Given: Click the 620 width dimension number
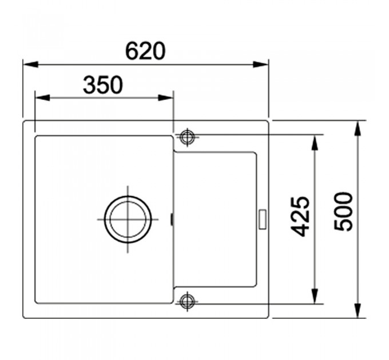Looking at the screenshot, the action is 145,51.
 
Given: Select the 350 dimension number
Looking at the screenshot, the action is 103,85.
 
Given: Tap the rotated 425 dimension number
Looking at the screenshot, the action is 300,217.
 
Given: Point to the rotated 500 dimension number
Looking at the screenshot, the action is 343,212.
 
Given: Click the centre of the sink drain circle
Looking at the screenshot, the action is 128,219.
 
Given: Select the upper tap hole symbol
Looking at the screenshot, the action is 187,137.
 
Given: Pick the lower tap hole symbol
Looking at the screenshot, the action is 187,301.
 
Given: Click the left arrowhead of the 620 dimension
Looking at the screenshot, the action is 30,65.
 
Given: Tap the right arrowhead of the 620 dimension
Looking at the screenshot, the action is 260,65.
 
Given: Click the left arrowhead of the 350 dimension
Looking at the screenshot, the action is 42,98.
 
